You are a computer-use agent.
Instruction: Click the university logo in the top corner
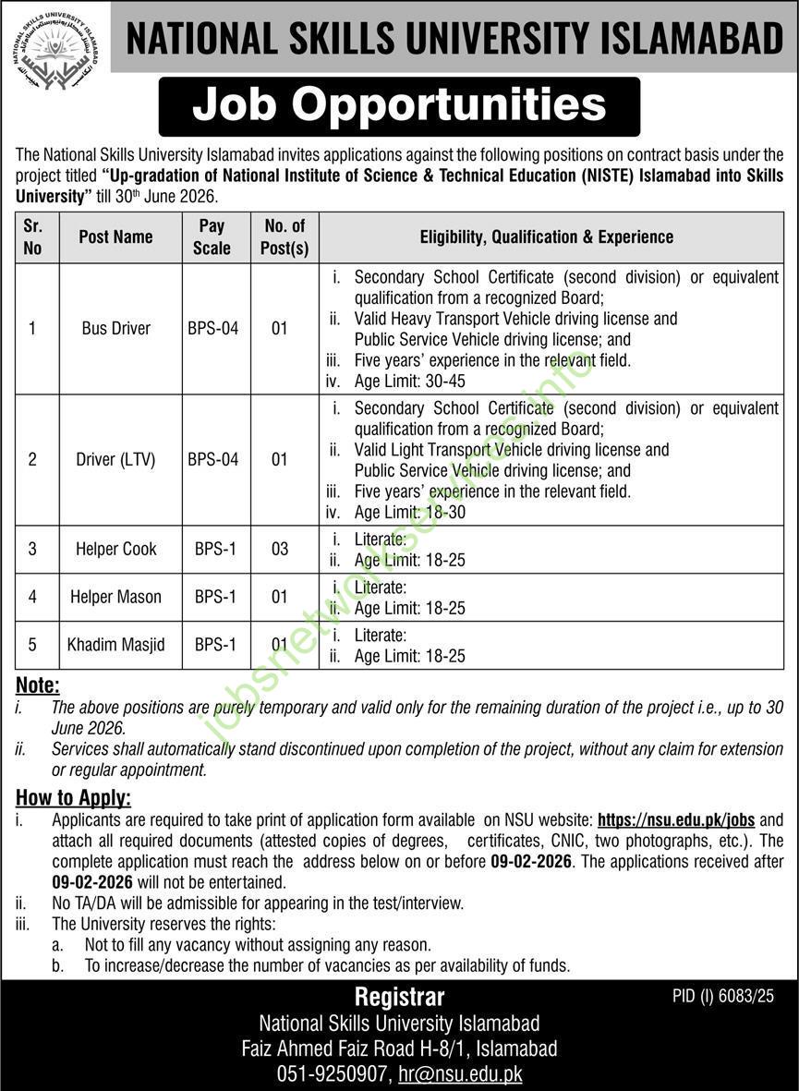[55, 45]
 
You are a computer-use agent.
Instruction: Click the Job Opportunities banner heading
[399, 105]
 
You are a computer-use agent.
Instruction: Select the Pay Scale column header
[212, 236]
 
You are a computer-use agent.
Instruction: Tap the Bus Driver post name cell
[115, 328]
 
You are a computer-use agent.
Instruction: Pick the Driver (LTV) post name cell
[115, 459]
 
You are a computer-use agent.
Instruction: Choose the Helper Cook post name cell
[116, 549]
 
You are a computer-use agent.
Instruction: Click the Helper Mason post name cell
[115, 597]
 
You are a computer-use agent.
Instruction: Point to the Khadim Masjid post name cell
[116, 645]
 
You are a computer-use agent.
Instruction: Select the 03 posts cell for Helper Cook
[279, 549]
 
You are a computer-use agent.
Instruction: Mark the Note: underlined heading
[38, 685]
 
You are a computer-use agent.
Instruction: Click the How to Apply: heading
[74, 797]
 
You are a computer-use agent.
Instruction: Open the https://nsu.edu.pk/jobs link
[664, 819]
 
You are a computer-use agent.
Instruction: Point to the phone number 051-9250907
[331, 1074]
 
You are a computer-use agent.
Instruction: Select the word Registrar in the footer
[399, 997]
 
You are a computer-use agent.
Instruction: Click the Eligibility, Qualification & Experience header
[546, 236]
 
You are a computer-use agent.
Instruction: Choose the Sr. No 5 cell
[32, 645]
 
